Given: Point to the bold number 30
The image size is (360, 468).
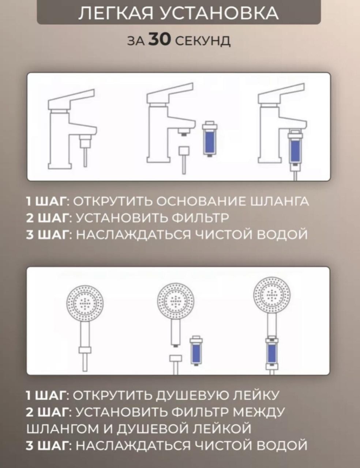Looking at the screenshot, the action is (x=160, y=40).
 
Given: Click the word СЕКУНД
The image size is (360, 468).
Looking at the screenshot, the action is (x=203, y=41).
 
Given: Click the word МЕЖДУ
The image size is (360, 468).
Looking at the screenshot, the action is (x=259, y=412).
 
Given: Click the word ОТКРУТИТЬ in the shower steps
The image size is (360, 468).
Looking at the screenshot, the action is (x=112, y=395).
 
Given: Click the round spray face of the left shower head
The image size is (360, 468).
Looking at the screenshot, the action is (x=85, y=304).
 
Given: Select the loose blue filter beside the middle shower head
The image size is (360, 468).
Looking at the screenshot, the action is (x=196, y=351).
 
